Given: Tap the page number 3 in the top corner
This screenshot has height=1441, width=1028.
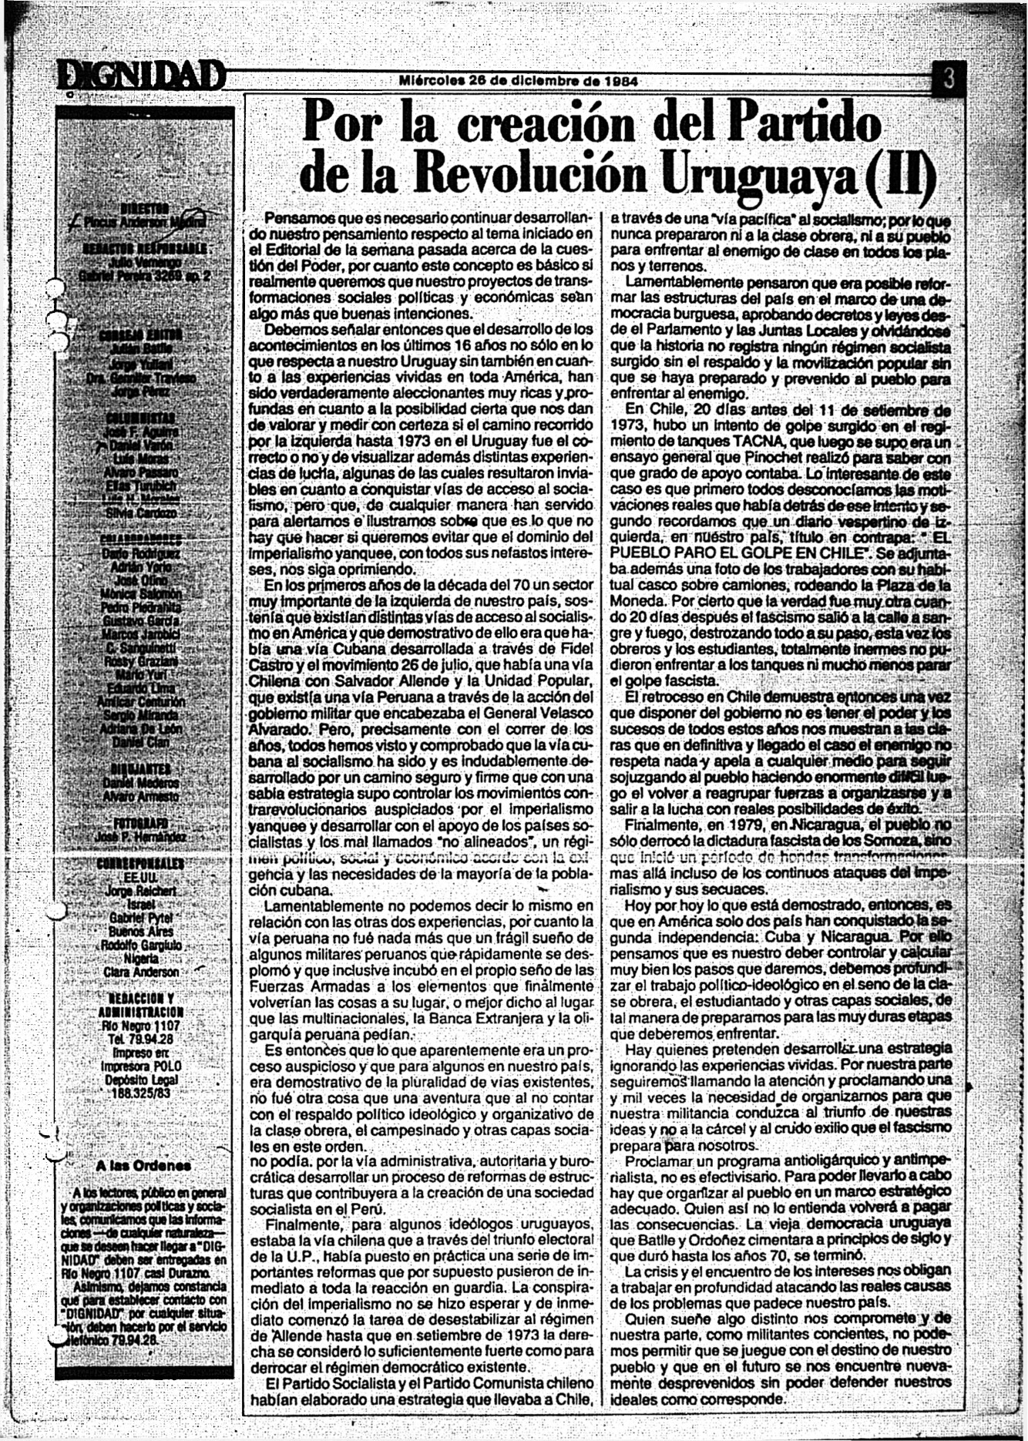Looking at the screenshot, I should (x=949, y=79).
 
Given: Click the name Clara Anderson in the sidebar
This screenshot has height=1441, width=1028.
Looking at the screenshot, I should (x=142, y=972).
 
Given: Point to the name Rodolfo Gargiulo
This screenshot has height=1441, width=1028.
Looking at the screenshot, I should (x=142, y=946).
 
